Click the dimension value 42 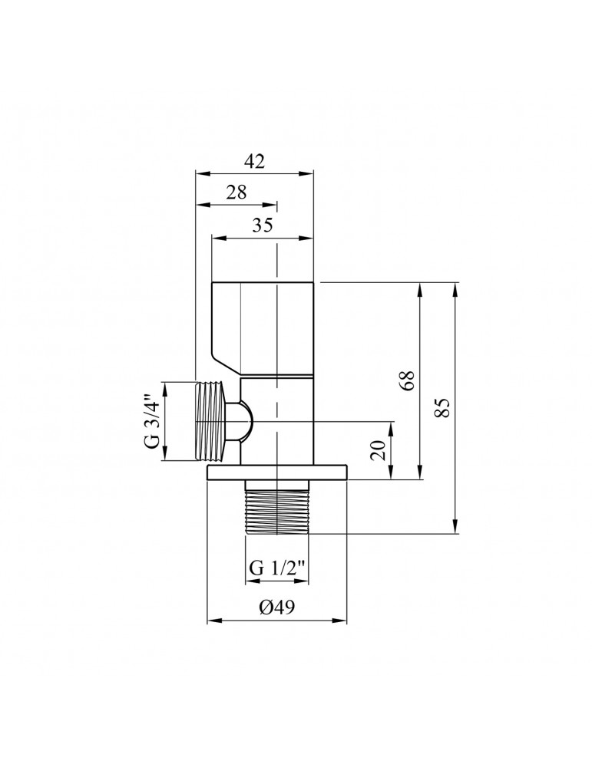254,161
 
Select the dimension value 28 236,193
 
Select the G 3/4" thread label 152,420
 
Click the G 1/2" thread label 277,568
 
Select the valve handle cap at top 263,326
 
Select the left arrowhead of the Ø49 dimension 213,620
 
